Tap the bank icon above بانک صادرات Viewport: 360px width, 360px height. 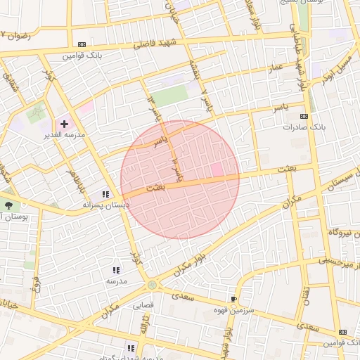(304, 116)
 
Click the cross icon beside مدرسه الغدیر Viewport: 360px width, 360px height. (64, 124)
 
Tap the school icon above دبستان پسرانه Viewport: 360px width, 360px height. (105, 194)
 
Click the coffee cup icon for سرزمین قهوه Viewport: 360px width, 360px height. (234, 299)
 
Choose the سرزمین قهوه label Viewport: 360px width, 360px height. (245, 309)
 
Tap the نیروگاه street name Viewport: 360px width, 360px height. (338, 232)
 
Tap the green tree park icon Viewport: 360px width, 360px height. (8, 206)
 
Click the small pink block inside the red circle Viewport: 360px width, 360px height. (217, 170)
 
